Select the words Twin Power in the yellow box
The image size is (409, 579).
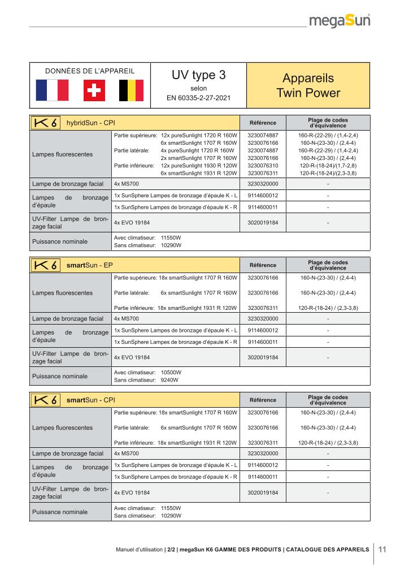[308, 92]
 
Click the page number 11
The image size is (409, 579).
[382, 548]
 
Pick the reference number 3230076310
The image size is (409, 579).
[263, 166]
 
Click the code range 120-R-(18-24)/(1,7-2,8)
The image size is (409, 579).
[328, 166]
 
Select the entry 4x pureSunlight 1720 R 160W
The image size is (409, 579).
[197, 151]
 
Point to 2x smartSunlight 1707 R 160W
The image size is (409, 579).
[198, 158]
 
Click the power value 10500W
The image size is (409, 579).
[171, 373]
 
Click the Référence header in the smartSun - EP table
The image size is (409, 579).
[263, 265]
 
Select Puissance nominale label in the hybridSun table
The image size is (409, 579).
[59, 241]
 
